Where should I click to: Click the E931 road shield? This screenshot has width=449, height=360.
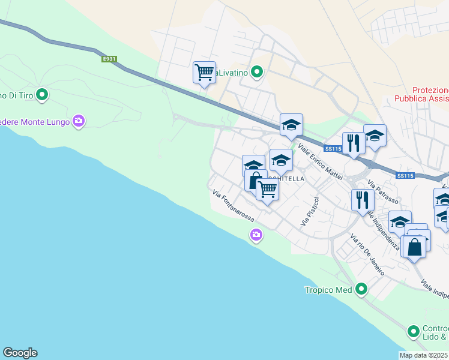[109, 59]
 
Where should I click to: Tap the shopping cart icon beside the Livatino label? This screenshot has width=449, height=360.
[205, 73]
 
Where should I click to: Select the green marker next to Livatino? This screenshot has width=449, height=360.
[257, 73]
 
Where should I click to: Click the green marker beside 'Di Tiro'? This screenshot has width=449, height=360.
[42, 94]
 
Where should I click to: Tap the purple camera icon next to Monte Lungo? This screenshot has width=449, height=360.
[78, 122]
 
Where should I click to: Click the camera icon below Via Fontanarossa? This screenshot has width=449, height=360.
[256, 235]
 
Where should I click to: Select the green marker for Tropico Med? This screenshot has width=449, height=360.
[361, 290]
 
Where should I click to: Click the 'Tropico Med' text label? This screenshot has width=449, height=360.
[327, 290]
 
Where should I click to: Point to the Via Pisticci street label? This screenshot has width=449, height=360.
[310, 211]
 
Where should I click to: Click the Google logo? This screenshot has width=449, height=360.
[20, 353]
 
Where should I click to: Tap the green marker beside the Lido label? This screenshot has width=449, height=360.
[413, 331]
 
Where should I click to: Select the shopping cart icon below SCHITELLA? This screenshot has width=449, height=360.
[267, 190]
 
